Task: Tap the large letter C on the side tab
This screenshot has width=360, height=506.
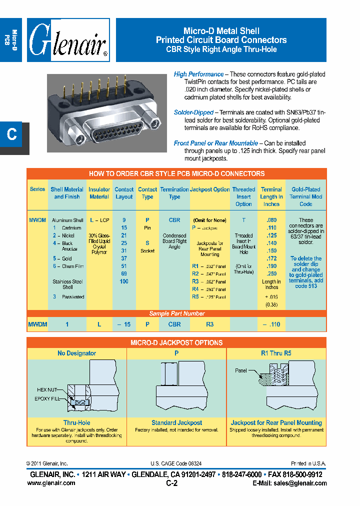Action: (x=12, y=134)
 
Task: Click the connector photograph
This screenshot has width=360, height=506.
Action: (x=106, y=113)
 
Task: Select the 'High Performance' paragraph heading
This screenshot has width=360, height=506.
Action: (x=198, y=74)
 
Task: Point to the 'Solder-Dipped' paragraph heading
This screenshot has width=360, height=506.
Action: (x=193, y=112)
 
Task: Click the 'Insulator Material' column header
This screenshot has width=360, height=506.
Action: (x=99, y=193)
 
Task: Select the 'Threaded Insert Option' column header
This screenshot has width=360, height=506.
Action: (x=243, y=196)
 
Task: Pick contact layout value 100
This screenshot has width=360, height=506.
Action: (x=124, y=281)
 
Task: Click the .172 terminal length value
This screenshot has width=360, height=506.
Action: (x=271, y=258)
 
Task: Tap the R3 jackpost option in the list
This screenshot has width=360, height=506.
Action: (x=195, y=281)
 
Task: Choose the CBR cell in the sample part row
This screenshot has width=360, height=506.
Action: (x=174, y=324)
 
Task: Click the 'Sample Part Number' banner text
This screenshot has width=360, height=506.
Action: (x=177, y=313)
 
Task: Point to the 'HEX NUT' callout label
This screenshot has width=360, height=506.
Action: (x=48, y=389)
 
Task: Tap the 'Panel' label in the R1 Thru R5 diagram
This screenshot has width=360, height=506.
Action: (x=241, y=370)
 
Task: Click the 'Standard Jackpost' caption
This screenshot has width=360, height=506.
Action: (x=176, y=422)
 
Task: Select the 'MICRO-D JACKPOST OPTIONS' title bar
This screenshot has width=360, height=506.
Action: (x=176, y=343)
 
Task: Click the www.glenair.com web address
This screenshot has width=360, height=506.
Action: (x=51, y=483)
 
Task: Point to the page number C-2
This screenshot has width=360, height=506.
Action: (x=171, y=483)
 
